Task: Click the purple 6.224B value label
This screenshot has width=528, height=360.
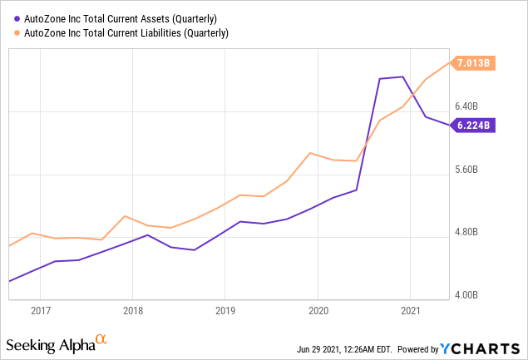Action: click(x=475, y=126)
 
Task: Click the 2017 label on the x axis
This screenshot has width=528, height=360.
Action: click(x=41, y=311)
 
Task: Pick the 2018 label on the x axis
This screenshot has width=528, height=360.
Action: click(x=133, y=311)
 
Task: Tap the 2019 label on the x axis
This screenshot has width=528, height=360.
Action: click(x=225, y=311)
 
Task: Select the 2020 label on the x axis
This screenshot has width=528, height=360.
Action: click(x=318, y=311)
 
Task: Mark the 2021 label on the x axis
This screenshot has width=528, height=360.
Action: click(x=410, y=311)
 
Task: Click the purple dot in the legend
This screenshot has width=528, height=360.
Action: click(x=18, y=18)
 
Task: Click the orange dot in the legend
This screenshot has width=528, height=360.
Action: click(x=18, y=33)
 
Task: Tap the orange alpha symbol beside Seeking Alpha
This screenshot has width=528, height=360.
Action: click(x=101, y=340)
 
